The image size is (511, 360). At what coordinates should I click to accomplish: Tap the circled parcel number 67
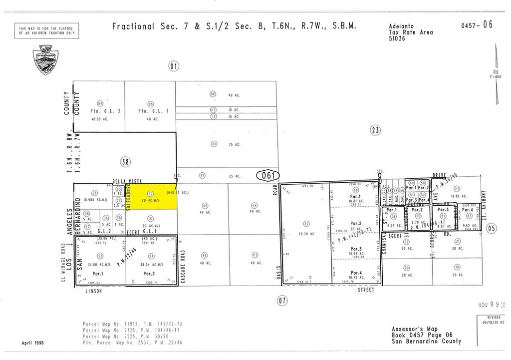pos(306,223)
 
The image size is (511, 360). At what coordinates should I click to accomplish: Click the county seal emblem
pos(48,60)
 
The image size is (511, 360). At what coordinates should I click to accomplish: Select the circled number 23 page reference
pos(375,131)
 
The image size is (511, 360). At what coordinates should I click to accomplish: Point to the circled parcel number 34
pos(214,143)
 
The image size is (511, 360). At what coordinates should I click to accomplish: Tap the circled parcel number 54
pos(151,256)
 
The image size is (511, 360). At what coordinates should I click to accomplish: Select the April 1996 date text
pos(34,343)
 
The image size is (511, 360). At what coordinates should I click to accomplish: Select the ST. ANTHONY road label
pos(483,205)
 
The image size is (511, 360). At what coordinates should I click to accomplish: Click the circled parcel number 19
pos(457,267)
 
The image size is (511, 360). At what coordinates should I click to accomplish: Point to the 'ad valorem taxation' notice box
pos(47,31)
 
